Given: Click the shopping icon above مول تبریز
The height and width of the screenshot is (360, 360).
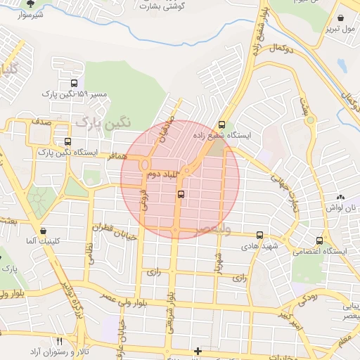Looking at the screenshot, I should pos(341,19).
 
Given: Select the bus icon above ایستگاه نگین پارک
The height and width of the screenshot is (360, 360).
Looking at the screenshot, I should pos(67,141).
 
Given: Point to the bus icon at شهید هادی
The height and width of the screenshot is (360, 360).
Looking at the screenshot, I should pos(260,236).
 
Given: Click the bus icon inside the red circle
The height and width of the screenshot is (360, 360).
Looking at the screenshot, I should pos(181,194).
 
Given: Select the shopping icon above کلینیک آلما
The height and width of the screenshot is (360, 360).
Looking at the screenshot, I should pos(44,231).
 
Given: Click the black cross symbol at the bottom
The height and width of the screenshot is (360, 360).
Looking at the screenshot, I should pos(198,350).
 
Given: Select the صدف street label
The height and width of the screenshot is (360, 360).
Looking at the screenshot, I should pos(40,122).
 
